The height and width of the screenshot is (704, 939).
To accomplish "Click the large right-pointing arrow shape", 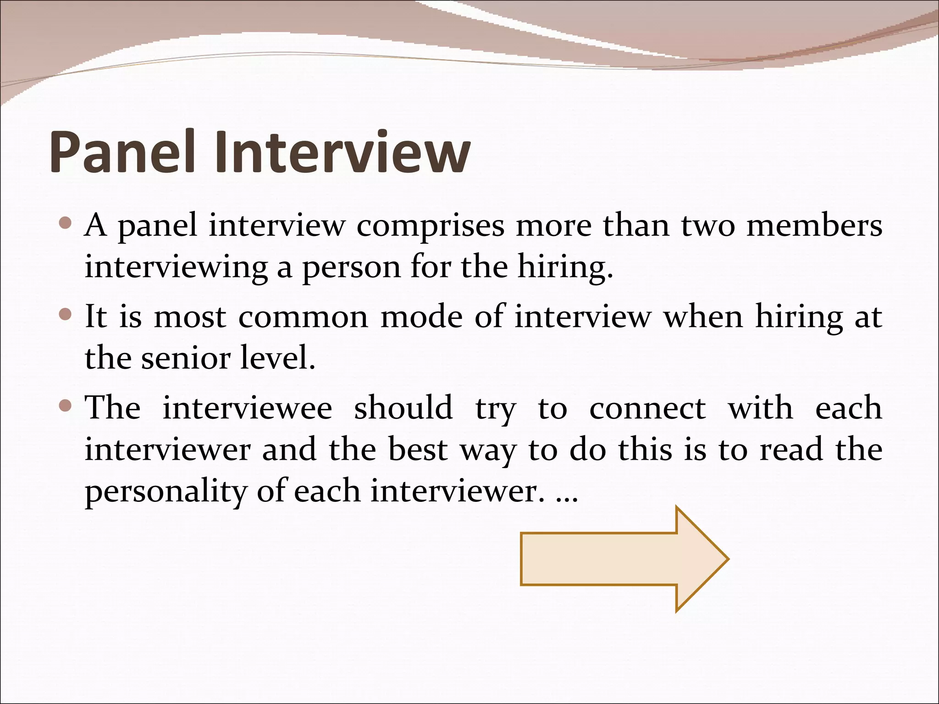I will click(x=624, y=559).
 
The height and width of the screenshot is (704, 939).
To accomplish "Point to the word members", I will click(x=814, y=225).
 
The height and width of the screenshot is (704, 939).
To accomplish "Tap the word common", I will click(x=303, y=317).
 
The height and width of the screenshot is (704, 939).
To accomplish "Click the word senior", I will click(x=185, y=358).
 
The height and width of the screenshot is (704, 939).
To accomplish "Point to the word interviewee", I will click(x=247, y=407).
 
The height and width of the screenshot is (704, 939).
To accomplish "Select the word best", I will click(x=418, y=450).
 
